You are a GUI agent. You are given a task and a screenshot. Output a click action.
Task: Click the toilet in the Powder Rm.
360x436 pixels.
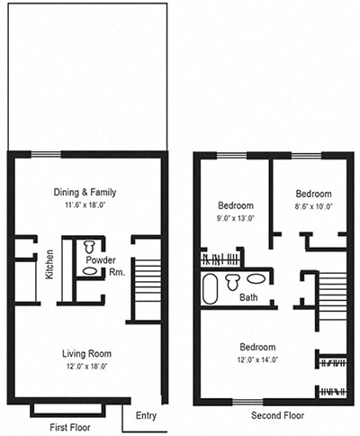[89, 247]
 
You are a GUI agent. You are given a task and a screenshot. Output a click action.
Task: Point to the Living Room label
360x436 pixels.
[86, 353]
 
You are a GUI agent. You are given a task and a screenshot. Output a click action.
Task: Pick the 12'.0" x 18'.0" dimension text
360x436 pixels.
[86, 367]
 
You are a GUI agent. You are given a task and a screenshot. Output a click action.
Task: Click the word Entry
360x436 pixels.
[146, 415]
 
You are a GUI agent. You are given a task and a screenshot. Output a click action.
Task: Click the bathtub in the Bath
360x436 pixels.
[211, 289]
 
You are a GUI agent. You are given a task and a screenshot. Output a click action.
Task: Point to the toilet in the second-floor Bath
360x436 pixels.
[233, 281]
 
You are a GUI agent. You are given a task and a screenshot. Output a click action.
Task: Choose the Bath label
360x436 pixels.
[248, 297]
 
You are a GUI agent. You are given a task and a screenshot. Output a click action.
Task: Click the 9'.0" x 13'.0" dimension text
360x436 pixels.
[235, 218]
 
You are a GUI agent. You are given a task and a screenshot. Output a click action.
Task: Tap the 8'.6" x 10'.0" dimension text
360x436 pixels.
[313, 206]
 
